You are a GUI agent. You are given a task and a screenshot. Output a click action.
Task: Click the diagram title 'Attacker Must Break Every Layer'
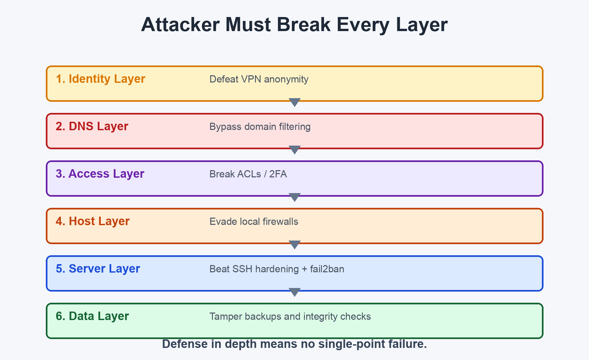pyautogui.click(x=294, y=25)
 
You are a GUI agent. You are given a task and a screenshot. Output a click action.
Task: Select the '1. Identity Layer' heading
pyautogui.click(x=100, y=79)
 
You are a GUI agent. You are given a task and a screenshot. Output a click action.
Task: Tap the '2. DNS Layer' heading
pyautogui.click(x=92, y=127)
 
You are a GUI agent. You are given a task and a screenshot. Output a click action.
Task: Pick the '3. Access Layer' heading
pyautogui.click(x=100, y=174)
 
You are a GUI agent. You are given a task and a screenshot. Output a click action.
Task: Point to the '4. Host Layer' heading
pyautogui.click(x=93, y=222)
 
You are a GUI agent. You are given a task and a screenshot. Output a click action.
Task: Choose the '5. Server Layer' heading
pyautogui.click(x=98, y=269)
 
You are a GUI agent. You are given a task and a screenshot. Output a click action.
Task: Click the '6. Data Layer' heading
pyautogui.click(x=92, y=316)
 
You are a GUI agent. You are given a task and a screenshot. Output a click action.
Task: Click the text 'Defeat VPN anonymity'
pyautogui.click(x=259, y=80)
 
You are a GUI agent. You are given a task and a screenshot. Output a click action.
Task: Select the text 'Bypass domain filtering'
pyautogui.click(x=260, y=127)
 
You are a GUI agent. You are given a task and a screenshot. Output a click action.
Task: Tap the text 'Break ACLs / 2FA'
pyautogui.click(x=248, y=174)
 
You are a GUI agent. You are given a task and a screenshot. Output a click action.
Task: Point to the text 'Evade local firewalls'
pyautogui.click(x=254, y=222)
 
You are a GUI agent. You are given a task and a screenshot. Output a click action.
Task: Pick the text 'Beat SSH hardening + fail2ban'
pyautogui.click(x=277, y=269)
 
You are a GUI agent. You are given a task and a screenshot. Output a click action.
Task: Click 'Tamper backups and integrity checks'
pyautogui.click(x=290, y=317)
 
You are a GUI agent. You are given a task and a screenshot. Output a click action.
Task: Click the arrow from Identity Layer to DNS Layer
pyautogui.click(x=294, y=102)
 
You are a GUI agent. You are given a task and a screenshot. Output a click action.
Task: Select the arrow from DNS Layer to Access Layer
pyautogui.click(x=294, y=150)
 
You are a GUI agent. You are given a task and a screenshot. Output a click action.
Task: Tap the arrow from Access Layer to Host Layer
pyautogui.click(x=294, y=197)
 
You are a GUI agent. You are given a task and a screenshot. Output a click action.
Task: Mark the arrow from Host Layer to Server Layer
pyautogui.click(x=294, y=245)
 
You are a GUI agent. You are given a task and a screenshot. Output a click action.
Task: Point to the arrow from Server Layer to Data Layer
pyautogui.click(x=294, y=292)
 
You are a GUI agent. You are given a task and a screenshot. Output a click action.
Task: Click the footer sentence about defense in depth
pyautogui.click(x=294, y=344)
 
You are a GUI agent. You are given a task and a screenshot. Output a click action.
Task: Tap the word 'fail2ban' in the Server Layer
pyautogui.click(x=327, y=269)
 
